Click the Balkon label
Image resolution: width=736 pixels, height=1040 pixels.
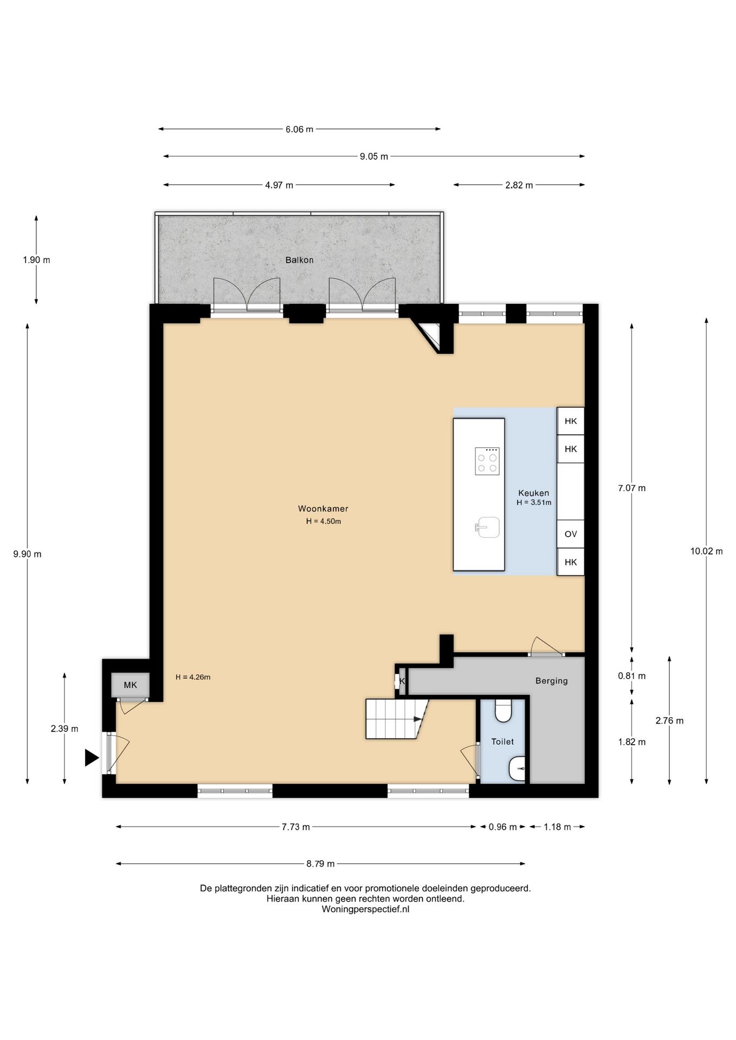[x=299, y=260]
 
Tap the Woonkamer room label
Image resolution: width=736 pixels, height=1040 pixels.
[x=323, y=509]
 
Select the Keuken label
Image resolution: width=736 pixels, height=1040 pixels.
[x=533, y=493]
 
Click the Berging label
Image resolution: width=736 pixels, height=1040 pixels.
[x=551, y=681]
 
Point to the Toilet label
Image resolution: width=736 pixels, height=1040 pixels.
[x=502, y=742]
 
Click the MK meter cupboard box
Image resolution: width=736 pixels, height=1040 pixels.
[x=130, y=685]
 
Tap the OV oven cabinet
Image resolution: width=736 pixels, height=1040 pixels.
[x=570, y=534]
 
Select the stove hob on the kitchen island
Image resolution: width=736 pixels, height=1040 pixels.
[x=487, y=461]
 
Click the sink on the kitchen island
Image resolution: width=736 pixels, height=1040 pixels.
[x=488, y=527]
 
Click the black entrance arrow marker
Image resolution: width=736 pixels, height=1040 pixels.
[x=92, y=758]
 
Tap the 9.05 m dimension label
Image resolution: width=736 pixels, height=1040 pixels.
[x=374, y=157]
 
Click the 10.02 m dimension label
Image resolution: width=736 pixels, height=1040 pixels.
[x=706, y=551]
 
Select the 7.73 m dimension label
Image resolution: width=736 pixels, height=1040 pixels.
[x=295, y=827]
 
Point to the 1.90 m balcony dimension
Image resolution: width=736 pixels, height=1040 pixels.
[x=36, y=260]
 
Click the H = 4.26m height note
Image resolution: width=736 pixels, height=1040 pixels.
[x=193, y=677]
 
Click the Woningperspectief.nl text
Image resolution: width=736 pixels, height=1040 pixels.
[x=365, y=909]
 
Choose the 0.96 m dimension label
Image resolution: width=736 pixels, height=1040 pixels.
[x=502, y=827]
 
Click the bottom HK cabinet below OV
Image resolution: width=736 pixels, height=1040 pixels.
[x=570, y=562]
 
